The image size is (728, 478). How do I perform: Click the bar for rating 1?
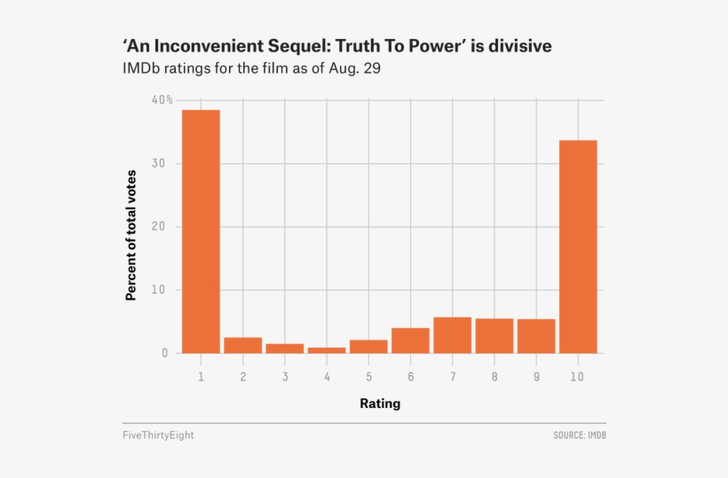pyautogui.click(x=201, y=231)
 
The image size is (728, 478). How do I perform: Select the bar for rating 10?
pyautogui.click(x=578, y=247)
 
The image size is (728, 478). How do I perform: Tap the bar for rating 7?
pyautogui.click(x=452, y=335)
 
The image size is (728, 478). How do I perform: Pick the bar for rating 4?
pyautogui.click(x=327, y=350)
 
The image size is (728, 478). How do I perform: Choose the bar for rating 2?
pyautogui.click(x=242, y=345)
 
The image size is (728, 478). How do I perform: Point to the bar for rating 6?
pyautogui.click(x=410, y=341)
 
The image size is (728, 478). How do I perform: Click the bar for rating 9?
pyautogui.click(x=536, y=336)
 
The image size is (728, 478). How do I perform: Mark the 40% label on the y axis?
pyautogui.click(x=162, y=100)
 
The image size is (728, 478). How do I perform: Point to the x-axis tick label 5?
pyautogui.click(x=368, y=377)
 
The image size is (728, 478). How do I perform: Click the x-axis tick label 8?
pyautogui.click(x=495, y=377)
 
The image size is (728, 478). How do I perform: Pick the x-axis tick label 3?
pyautogui.click(x=285, y=377)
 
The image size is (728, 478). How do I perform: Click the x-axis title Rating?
pyautogui.click(x=379, y=404)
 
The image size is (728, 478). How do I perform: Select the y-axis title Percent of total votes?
pyautogui.click(x=131, y=233)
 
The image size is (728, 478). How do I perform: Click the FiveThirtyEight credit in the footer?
pyautogui.click(x=158, y=435)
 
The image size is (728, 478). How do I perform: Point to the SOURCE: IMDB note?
pyautogui.click(x=579, y=435)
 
